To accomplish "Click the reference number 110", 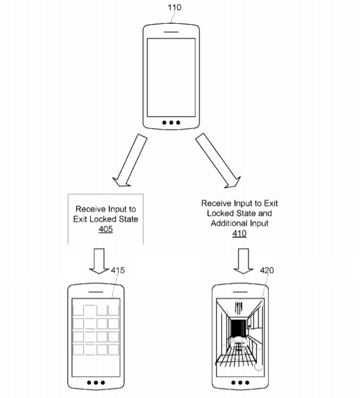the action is click(174, 7).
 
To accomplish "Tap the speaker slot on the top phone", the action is click(171, 32).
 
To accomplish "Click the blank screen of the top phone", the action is click(171, 77).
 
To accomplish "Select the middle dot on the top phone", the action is click(171, 123).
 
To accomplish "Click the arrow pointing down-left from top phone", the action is click(130, 161).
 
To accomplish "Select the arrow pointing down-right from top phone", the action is click(218, 161).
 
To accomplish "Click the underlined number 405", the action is click(106, 229).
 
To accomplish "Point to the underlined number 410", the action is click(239, 233).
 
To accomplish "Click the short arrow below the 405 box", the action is click(99, 261).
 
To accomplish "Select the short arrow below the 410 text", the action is click(243, 261).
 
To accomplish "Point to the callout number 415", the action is click(117, 270).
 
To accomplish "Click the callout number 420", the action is click(267, 270).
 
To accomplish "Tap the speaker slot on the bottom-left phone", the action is click(96, 292).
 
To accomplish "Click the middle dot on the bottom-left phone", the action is click(96, 383).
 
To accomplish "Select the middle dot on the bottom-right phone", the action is click(240, 383).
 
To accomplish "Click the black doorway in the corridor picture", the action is click(238, 328).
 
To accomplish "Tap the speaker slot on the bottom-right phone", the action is click(240, 292).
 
